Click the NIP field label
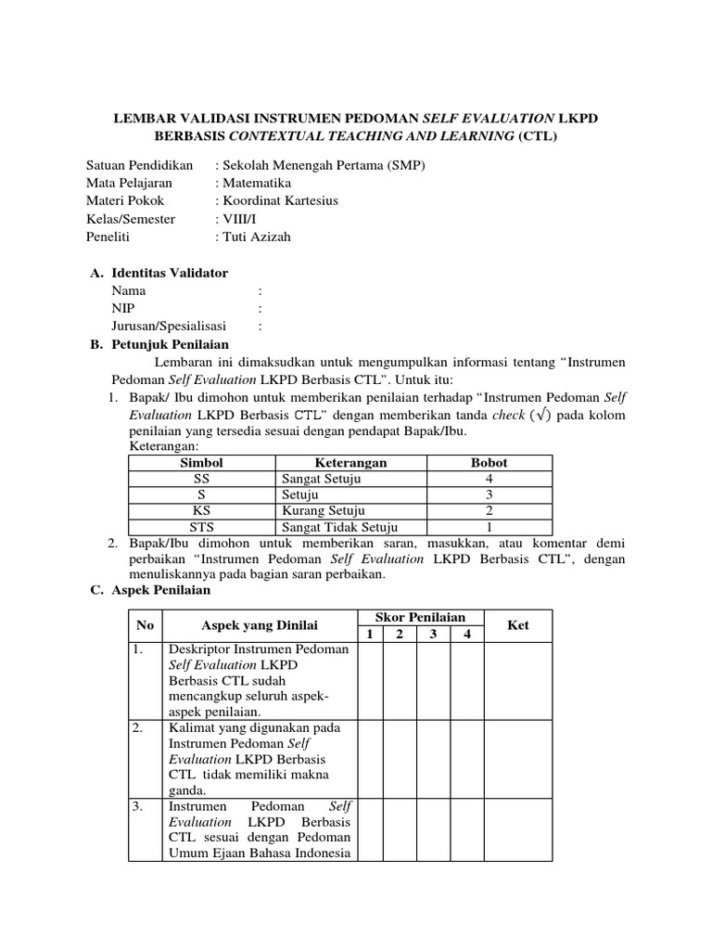pos(122,308)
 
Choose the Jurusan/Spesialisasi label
pos(172,326)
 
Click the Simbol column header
pos(201,462)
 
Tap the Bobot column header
pos(489,462)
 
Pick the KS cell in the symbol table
pos(201,511)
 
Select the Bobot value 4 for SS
pos(489,479)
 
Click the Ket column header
pos(517,625)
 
